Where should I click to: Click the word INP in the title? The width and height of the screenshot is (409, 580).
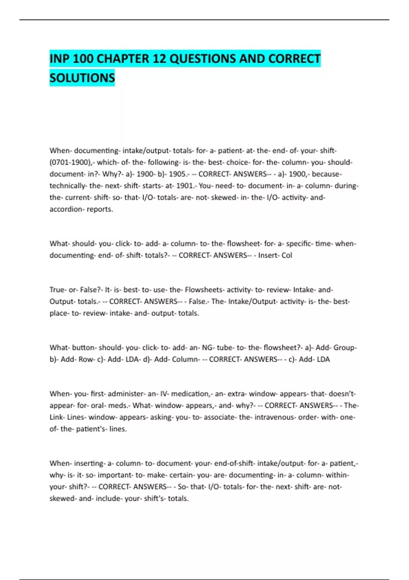coord(60,59)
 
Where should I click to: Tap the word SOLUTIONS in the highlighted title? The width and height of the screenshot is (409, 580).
coord(82,78)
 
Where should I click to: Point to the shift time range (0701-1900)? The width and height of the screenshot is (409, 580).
coord(70,162)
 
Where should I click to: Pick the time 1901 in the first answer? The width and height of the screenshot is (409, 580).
coord(184,186)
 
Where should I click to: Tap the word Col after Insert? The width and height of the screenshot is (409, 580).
coord(287,256)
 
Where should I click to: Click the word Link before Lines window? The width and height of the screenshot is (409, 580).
coord(56,417)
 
